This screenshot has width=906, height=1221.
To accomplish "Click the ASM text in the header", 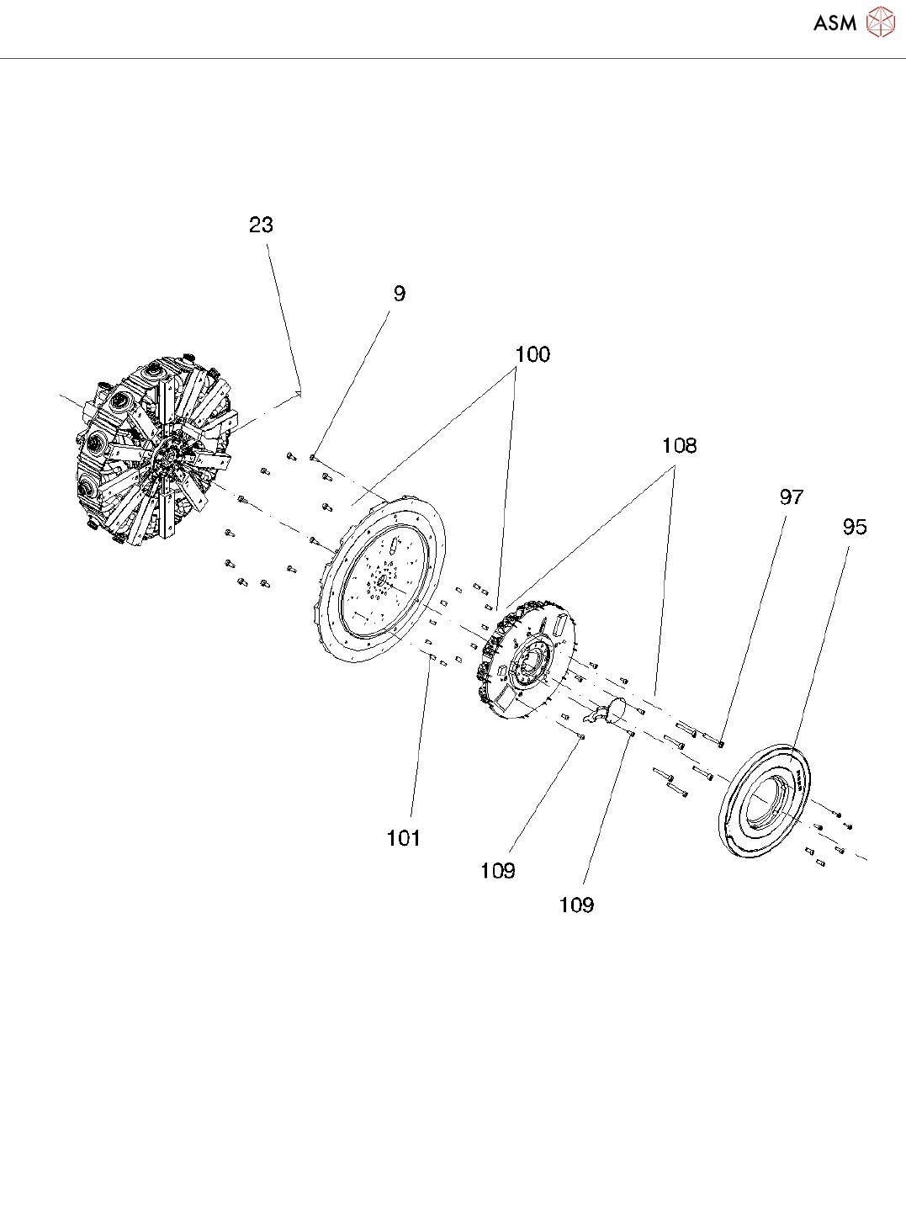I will (834, 23).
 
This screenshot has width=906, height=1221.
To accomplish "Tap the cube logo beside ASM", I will (880, 22).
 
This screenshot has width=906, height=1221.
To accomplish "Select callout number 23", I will (262, 225).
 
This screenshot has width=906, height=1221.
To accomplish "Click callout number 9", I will (399, 294).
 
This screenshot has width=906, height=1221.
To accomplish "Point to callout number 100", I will (532, 354).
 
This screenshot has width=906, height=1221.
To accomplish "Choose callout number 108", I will (679, 445).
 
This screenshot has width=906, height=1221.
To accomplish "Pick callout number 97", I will (791, 497).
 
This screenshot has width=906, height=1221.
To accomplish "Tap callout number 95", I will (854, 527).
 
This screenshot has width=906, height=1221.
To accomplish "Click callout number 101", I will (403, 838).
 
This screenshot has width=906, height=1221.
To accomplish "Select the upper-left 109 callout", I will (497, 871).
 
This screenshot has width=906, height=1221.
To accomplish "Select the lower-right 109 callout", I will (576, 905).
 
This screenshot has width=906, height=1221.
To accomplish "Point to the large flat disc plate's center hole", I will (379, 580).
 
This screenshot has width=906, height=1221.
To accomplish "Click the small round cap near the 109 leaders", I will (618, 709).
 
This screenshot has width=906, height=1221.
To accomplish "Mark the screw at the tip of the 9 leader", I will (313, 457).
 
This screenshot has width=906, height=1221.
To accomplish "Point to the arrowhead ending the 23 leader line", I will (300, 391).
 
